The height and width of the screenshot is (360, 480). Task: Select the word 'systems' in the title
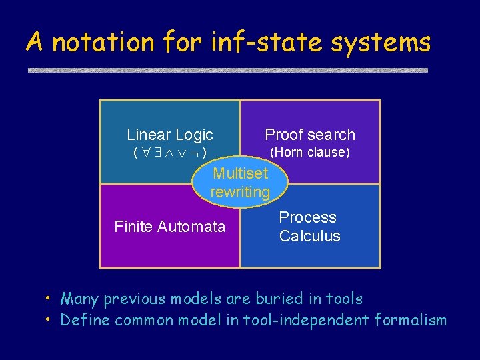(x=389, y=43)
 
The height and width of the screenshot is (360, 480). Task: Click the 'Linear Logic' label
(x=170, y=135)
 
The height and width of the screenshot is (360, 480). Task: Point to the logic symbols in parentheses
(x=170, y=153)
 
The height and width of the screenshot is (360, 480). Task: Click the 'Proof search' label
(x=310, y=135)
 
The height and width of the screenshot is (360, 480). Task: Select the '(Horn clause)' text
(x=309, y=152)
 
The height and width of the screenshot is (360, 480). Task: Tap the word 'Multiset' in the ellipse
(x=240, y=173)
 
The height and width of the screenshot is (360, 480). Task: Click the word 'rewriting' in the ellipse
(x=240, y=192)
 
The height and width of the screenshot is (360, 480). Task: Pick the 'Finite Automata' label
(x=170, y=227)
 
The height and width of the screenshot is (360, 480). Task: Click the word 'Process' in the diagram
(x=307, y=217)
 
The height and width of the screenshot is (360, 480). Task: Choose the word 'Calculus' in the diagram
(x=309, y=236)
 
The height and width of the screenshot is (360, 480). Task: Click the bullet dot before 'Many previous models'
(x=49, y=297)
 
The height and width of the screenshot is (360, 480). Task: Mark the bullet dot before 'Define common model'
(x=49, y=319)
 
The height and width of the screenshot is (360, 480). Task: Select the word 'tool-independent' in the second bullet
(x=318, y=320)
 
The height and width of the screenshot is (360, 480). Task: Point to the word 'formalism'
(x=411, y=320)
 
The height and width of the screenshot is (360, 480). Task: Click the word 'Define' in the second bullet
(x=85, y=320)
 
